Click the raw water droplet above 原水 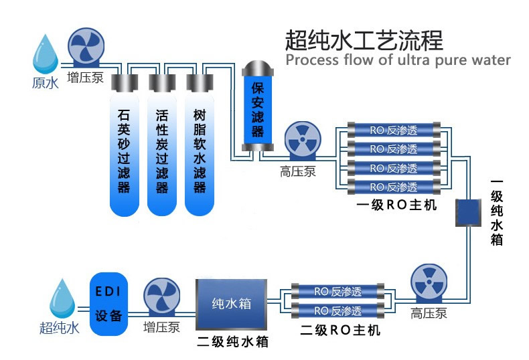point(46,54)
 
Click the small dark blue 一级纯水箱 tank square point(469,212)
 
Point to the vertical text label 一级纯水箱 point(496,211)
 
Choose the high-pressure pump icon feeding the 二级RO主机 point(429,284)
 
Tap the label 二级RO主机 point(339,331)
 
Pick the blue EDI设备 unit point(108,304)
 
